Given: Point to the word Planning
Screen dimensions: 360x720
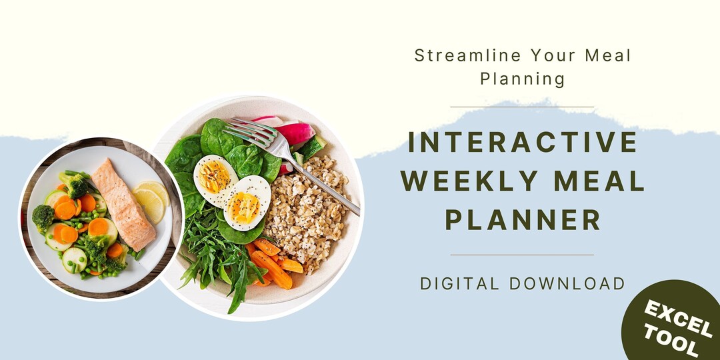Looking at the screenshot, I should (x=522, y=79).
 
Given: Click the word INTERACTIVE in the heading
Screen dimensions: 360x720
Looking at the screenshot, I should (x=522, y=142).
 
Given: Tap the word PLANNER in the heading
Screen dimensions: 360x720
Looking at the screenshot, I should (x=522, y=219).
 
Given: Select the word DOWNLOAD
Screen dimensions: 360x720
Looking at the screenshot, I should (x=567, y=283).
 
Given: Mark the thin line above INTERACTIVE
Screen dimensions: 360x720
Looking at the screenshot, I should (x=522, y=107).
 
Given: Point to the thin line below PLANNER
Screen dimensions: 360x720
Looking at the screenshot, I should (x=522, y=255).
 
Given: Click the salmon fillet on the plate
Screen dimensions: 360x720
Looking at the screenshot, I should (x=123, y=203).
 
